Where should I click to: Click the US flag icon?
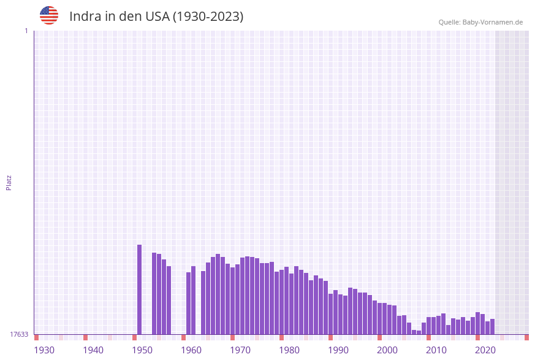click(49, 15)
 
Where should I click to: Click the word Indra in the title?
click(84, 17)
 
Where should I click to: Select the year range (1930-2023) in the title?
click(208, 17)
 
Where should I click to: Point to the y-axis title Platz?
click(9, 182)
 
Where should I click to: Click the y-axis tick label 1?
click(26, 31)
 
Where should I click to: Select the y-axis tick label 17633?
click(19, 334)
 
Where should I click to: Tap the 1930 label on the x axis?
click(44, 350)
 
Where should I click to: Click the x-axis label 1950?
click(142, 350)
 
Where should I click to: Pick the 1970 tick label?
click(240, 350)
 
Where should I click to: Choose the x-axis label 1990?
click(338, 350)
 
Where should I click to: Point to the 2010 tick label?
click(436, 350)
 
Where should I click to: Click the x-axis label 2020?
click(485, 350)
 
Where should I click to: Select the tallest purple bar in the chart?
click(139, 289)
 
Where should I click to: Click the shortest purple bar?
click(419, 332)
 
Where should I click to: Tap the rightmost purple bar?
click(492, 326)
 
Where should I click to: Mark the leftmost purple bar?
click(139, 289)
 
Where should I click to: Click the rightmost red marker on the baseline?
click(526, 337)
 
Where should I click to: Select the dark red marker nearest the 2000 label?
click(379, 337)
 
